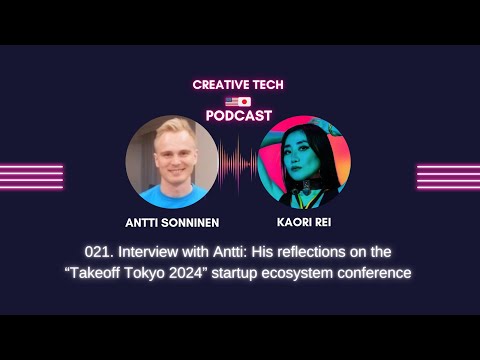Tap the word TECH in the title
click(x=269, y=85)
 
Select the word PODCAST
click(x=239, y=115)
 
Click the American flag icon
click(x=231, y=101)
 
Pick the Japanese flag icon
click(x=246, y=101)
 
